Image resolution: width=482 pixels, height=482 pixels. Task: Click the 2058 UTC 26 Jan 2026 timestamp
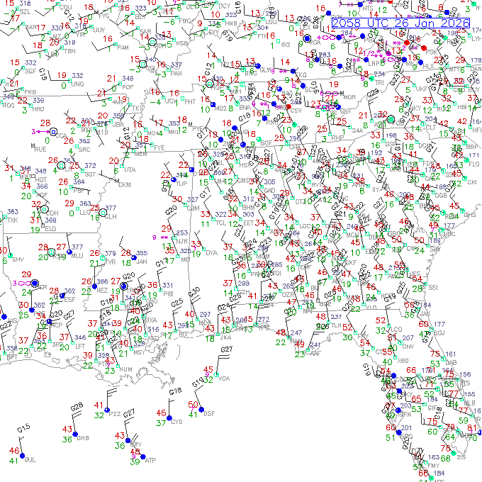coord(400,23)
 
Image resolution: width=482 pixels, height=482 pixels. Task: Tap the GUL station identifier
coord(29,460)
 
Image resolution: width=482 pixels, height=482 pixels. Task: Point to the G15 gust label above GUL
coord(23,428)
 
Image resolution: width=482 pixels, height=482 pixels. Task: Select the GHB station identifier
coord(82,439)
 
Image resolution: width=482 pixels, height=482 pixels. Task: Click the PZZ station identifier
coord(116,413)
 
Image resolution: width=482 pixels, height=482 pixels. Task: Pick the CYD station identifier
coord(176,421)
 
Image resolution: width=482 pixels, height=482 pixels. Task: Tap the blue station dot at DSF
coord(201,410)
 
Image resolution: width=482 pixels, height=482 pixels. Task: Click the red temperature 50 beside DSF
coord(193,404)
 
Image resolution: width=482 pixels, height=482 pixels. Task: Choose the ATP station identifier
coord(150,460)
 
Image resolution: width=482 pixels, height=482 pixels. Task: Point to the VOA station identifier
coord(225,379)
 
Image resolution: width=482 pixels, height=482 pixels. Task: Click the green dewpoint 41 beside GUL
coord(13,461)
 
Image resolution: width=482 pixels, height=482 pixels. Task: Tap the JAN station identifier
coord(141,261)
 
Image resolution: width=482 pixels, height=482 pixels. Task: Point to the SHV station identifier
coord(17,259)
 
